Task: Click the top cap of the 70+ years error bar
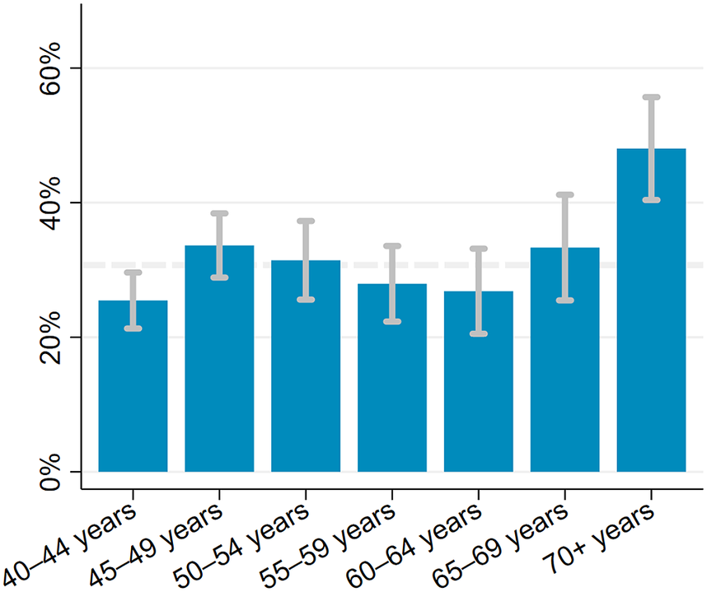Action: coord(651,97)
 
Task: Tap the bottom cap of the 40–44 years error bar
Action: coord(133,329)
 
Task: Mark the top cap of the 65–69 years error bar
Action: coord(565,194)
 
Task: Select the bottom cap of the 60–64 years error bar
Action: coord(479,333)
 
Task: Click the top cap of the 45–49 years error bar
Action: coord(219,213)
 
